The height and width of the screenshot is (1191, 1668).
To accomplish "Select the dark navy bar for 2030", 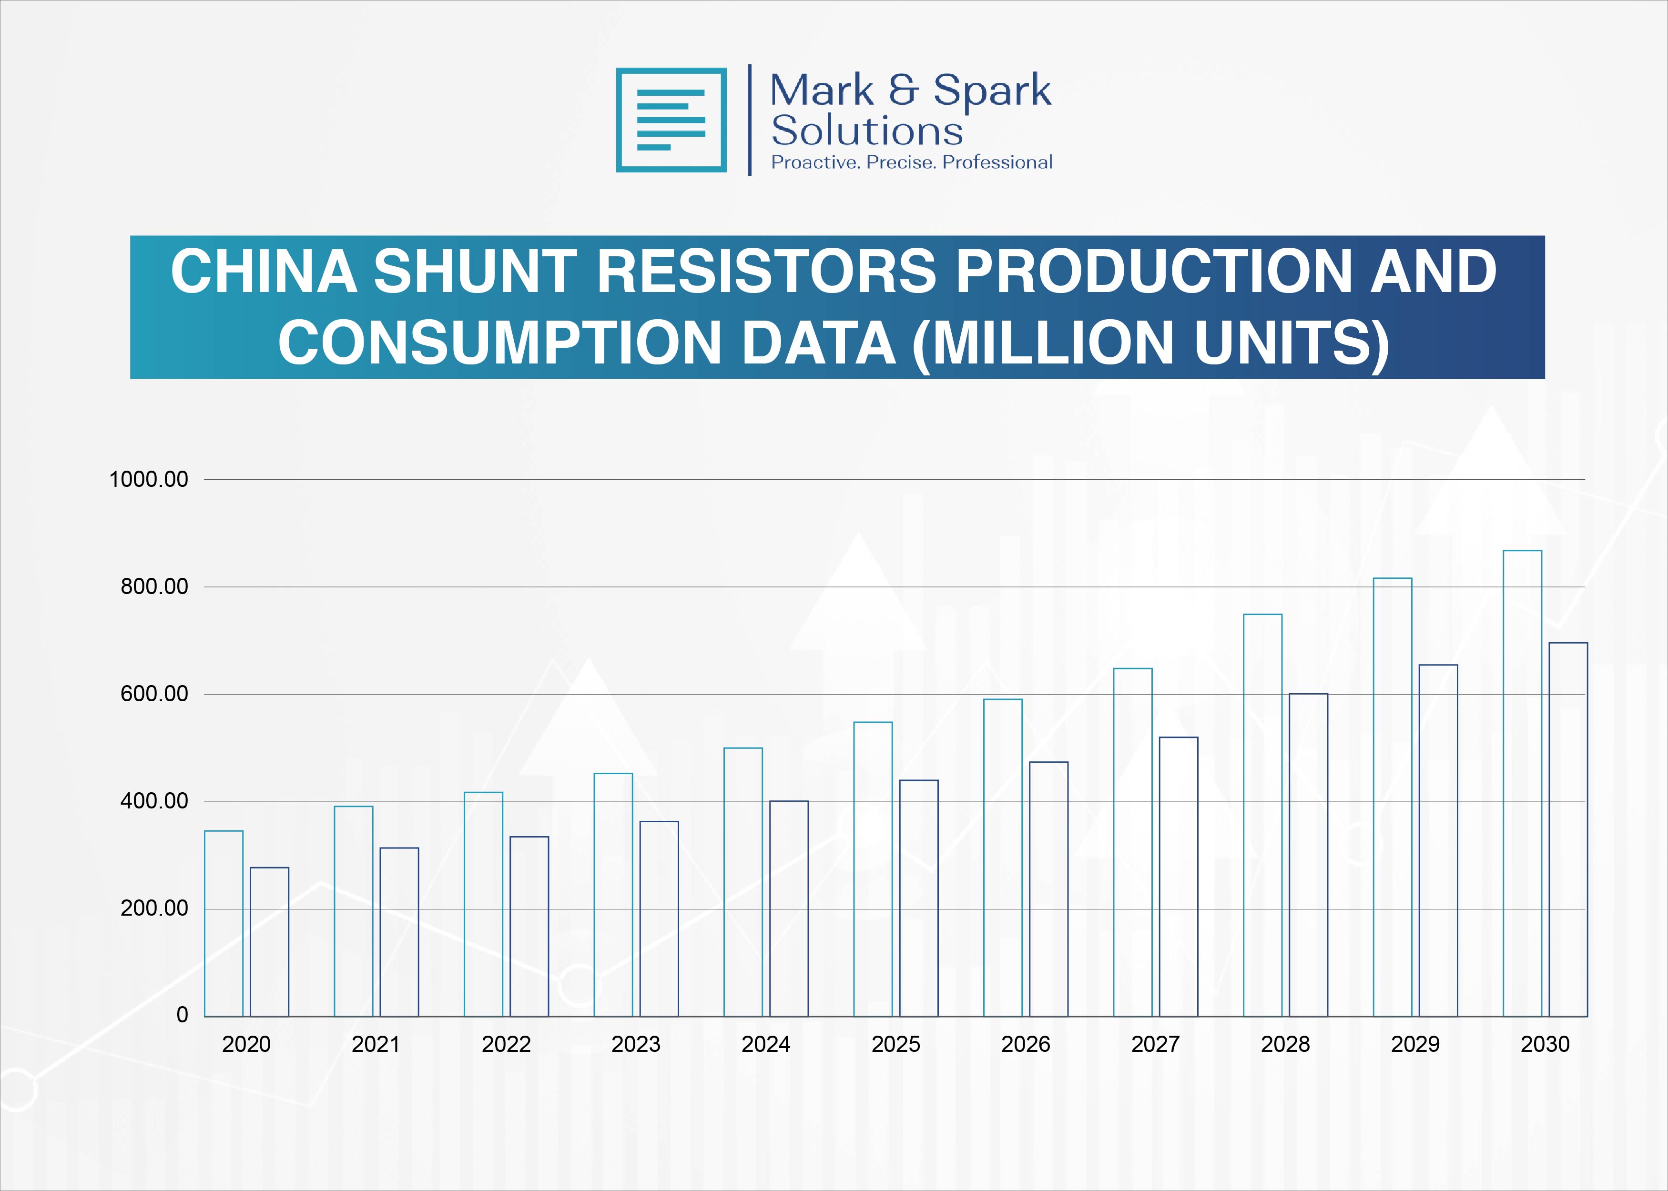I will coord(1568,829).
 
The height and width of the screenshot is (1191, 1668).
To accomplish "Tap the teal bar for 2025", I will coord(873,869).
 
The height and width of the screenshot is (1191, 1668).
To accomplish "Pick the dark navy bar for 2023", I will coord(659,918).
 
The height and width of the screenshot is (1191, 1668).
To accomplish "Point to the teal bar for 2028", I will coord(1262,815).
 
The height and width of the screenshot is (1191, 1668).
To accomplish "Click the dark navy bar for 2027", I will coord(1178,877).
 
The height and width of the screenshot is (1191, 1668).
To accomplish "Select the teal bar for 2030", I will coord(1522,783).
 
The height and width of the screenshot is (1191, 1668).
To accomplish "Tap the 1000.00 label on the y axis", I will coord(148,480).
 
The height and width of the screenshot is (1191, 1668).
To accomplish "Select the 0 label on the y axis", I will coord(182,1015).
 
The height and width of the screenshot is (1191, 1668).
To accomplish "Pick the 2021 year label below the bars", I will coord(376,1044).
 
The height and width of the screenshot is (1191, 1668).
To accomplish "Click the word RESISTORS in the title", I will coord(766,272).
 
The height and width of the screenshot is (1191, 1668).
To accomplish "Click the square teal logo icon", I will coord(671,120).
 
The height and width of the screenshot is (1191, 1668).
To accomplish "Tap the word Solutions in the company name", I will coord(867,131).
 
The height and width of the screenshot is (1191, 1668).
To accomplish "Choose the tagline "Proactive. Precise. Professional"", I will coord(911,162).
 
